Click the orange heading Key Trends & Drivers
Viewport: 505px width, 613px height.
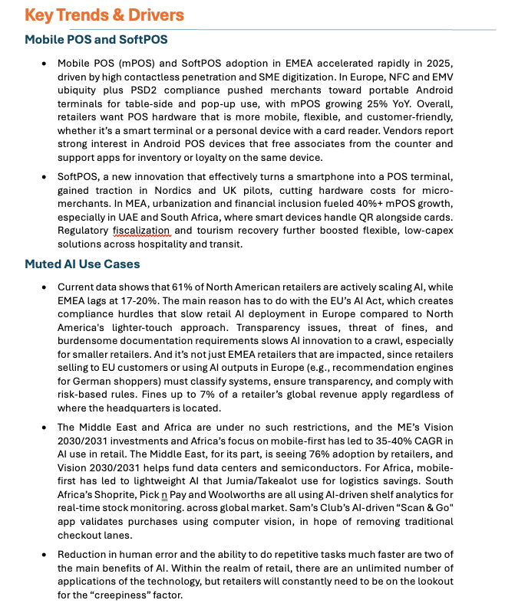click(x=104, y=15)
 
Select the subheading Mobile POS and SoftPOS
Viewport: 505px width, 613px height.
click(x=97, y=39)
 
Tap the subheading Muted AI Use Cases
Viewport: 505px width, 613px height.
click(x=82, y=264)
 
